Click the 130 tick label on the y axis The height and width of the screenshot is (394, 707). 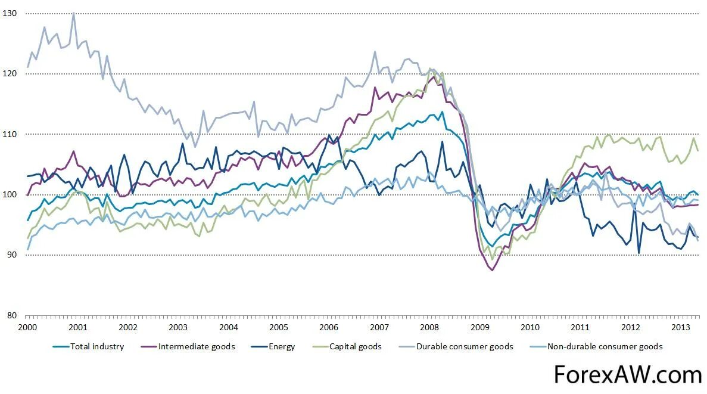10,13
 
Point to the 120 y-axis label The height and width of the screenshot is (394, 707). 10,73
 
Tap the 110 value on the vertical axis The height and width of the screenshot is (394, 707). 10,134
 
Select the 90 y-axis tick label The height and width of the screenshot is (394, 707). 12,255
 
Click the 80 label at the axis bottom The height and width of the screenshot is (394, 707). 12,315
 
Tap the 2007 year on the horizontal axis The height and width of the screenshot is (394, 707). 379,327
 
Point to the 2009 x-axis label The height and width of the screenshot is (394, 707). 480,327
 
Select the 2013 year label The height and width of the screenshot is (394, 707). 681,327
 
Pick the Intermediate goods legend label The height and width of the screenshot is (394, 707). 197,346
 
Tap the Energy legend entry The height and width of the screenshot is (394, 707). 282,346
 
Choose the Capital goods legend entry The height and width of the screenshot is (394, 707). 355,346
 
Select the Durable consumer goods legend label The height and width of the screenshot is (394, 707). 465,346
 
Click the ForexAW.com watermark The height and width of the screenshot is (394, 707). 628,375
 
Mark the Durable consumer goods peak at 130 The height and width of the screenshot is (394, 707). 73,13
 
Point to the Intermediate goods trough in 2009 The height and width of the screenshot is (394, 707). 492,270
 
